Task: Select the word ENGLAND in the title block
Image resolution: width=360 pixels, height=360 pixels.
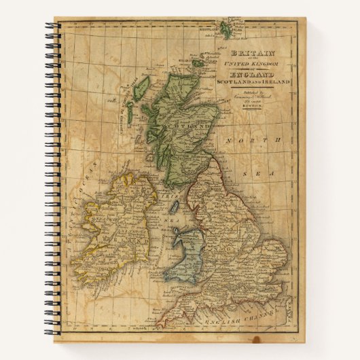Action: tap(252, 73)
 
